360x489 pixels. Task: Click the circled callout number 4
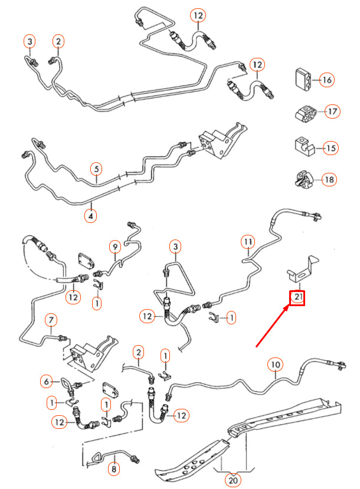90,216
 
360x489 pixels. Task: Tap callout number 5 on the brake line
96,169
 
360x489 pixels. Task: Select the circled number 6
47,382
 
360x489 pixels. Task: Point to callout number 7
51,320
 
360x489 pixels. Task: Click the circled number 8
114,469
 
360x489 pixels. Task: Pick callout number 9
115,247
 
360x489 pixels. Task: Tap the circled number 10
276,365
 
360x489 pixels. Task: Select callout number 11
248,242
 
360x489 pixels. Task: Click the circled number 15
330,148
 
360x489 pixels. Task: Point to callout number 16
326,80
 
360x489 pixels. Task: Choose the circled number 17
332,111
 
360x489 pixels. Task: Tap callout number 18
329,180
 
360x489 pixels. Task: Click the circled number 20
233,480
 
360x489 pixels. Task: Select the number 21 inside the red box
297,297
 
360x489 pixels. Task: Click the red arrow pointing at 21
271,327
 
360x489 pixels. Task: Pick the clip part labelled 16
302,80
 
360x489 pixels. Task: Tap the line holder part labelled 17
306,113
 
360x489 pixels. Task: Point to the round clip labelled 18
304,179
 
